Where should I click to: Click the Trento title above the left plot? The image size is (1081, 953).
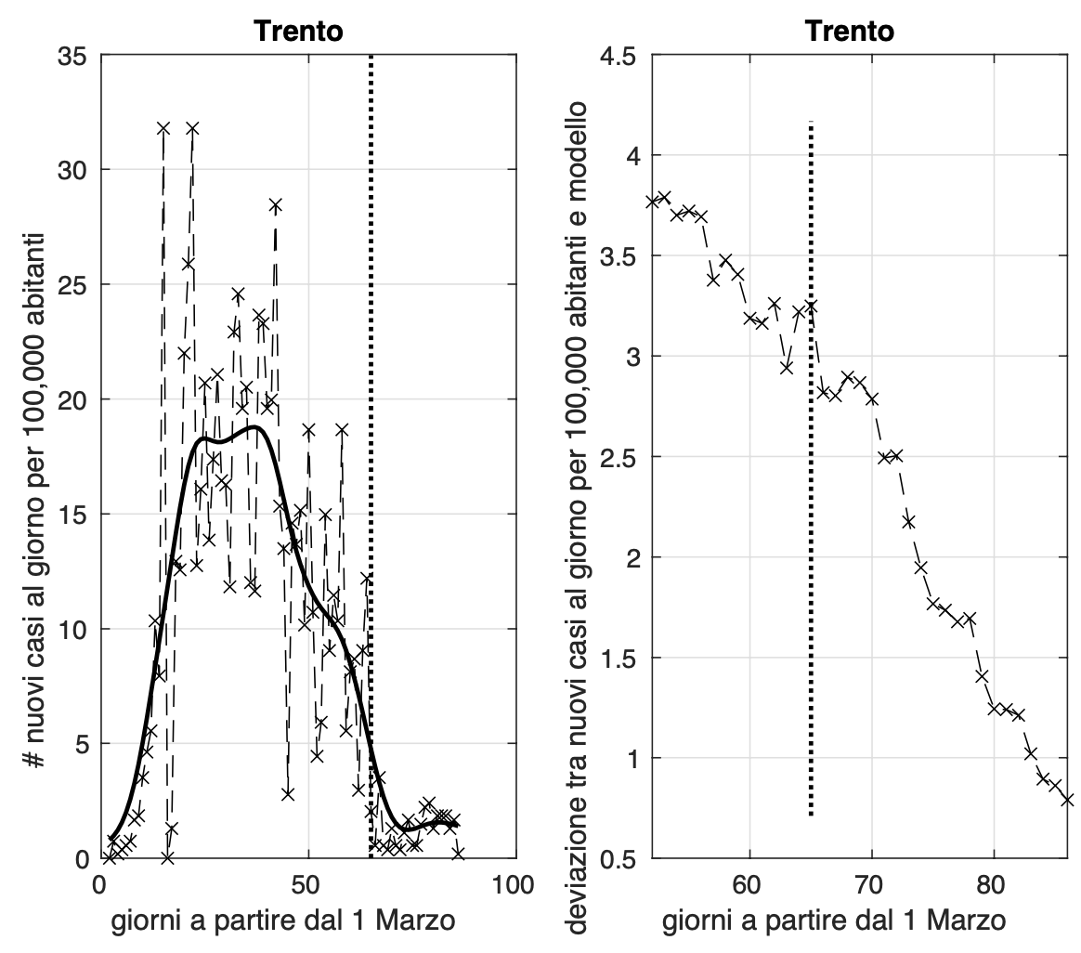(298, 32)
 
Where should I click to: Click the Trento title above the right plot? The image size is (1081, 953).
(850, 32)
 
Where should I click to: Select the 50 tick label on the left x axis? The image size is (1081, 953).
(307, 884)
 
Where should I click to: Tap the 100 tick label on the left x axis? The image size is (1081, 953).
(514, 884)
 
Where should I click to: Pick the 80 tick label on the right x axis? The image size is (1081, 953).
(994, 884)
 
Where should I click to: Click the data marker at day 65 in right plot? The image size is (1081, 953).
(811, 306)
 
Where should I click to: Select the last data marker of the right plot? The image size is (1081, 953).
(1067, 799)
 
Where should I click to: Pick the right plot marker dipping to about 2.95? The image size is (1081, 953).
(787, 367)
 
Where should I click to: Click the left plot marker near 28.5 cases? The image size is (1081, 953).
(276, 205)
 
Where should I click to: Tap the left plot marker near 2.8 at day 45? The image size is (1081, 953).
(288, 794)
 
